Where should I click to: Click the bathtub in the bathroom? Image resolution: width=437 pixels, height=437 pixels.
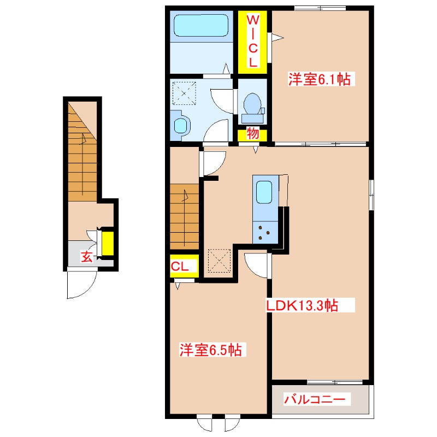click(201, 25)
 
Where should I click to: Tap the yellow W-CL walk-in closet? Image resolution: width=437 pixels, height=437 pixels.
click(252, 42)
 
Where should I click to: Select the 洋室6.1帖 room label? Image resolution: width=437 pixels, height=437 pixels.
click(320, 79)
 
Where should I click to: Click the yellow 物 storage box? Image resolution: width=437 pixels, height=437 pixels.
click(252, 134)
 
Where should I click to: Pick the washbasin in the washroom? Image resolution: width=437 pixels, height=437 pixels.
click(180, 126)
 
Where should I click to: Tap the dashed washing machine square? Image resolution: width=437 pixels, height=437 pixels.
click(184, 93)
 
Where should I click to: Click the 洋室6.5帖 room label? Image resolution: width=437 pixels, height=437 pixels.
click(211, 350)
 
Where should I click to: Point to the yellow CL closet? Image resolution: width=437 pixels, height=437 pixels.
click(184, 266)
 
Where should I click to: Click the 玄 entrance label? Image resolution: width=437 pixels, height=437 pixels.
click(87, 256)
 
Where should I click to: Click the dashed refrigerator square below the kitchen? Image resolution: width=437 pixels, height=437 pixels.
click(220, 261)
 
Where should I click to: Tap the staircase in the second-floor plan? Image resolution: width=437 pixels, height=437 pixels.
click(184, 216)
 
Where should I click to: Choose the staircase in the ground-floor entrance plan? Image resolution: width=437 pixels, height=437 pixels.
click(82, 151)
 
